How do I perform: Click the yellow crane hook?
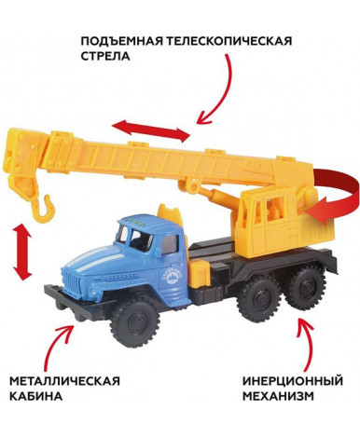44,210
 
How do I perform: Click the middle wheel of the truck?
258,297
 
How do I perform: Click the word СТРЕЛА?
105,57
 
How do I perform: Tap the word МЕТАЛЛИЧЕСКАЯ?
64,381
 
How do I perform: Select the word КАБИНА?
35,396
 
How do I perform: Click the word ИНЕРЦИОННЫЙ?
293,380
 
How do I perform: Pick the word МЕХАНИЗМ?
278,396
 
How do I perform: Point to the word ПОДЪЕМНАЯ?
121,41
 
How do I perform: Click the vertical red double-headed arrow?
22,253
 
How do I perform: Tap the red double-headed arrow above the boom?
151,130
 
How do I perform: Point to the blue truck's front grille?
74,282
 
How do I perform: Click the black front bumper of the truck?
77,303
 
